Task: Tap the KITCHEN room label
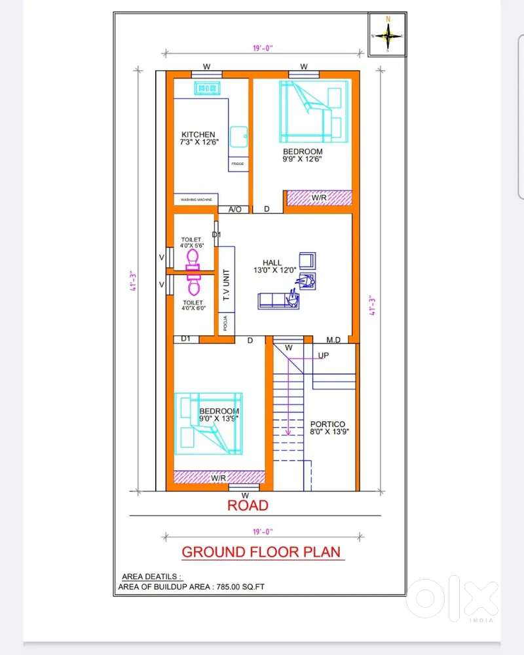click(x=199, y=138)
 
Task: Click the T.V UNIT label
click(x=227, y=286)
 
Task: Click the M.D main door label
click(x=333, y=339)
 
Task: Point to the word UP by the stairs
click(x=324, y=356)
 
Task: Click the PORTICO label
click(x=327, y=428)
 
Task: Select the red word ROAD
click(x=248, y=506)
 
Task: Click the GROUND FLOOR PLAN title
click(x=261, y=552)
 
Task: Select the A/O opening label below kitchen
click(x=234, y=210)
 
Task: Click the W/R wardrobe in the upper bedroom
click(x=320, y=197)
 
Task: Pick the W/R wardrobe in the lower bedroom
click(x=219, y=479)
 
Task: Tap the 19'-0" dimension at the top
click(x=262, y=48)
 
